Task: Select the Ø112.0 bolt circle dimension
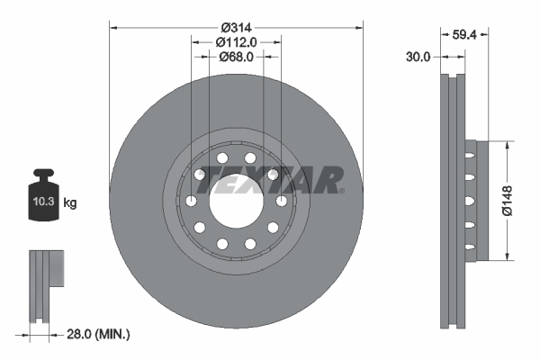(x=238, y=41)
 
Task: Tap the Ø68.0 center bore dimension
(x=238, y=57)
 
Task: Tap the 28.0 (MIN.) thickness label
(x=99, y=334)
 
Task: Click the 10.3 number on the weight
(x=43, y=202)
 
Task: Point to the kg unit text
(x=70, y=203)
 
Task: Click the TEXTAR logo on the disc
(x=270, y=181)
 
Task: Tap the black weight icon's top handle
(x=42, y=175)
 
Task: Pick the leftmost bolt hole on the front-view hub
(x=191, y=201)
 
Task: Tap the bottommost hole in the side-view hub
(x=468, y=243)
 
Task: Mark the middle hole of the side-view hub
(x=468, y=201)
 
